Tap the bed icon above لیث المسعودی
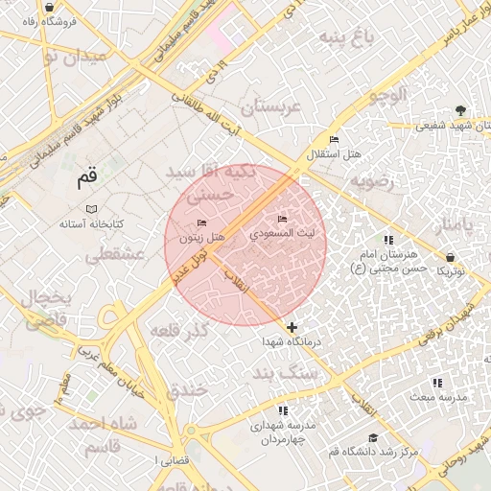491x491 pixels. (281, 218)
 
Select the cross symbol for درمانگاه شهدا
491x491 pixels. (292, 327)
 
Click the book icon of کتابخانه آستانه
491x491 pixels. (91, 209)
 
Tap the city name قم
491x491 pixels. (86, 177)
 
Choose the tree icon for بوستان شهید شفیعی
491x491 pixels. (460, 109)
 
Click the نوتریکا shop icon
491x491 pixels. (451, 257)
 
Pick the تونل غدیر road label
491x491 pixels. (189, 260)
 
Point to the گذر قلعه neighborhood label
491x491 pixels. (179, 332)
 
